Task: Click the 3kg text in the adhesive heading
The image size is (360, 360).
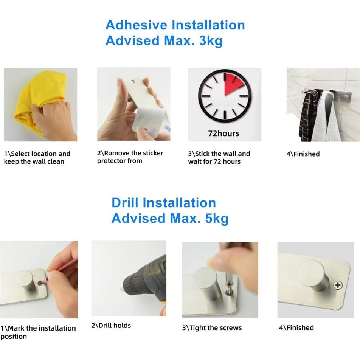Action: (x=211, y=41)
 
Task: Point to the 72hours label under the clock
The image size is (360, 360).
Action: (x=223, y=133)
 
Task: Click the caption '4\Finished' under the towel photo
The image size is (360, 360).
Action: (x=303, y=154)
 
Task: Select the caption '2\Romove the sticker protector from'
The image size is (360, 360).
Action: (x=130, y=157)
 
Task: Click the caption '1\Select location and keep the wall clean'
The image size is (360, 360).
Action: (x=37, y=158)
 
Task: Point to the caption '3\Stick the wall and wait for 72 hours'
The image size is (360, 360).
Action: (x=219, y=158)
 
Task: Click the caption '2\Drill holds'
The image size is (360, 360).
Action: (x=111, y=325)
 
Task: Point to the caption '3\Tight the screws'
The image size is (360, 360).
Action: (x=212, y=328)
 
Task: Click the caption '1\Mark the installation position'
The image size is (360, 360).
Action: (x=38, y=332)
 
